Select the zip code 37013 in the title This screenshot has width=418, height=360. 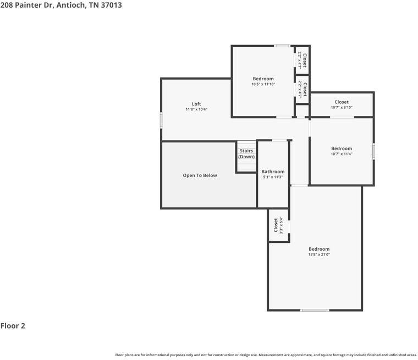point(110,5)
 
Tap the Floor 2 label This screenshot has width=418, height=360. point(13,326)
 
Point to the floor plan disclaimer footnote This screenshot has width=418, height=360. point(266,355)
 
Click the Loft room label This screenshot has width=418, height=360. point(196,104)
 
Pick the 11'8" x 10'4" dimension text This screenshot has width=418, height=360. point(196,109)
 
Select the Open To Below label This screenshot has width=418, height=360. point(200,175)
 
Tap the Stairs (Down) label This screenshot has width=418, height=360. point(246,153)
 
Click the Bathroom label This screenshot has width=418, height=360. point(273,171)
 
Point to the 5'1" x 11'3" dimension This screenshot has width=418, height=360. point(273,177)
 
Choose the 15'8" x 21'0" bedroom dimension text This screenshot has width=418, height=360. point(319,254)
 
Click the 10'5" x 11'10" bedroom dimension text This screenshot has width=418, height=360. point(263,84)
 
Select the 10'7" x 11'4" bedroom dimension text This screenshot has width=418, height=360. point(342,154)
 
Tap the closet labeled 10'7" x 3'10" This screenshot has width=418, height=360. point(342,104)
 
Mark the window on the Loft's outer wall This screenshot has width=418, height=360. point(161,120)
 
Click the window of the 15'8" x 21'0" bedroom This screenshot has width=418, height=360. point(315,310)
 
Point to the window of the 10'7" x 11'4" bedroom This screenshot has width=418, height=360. point(373,151)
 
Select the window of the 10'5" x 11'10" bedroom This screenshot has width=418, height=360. point(282,46)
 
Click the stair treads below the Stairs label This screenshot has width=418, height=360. point(246,165)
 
